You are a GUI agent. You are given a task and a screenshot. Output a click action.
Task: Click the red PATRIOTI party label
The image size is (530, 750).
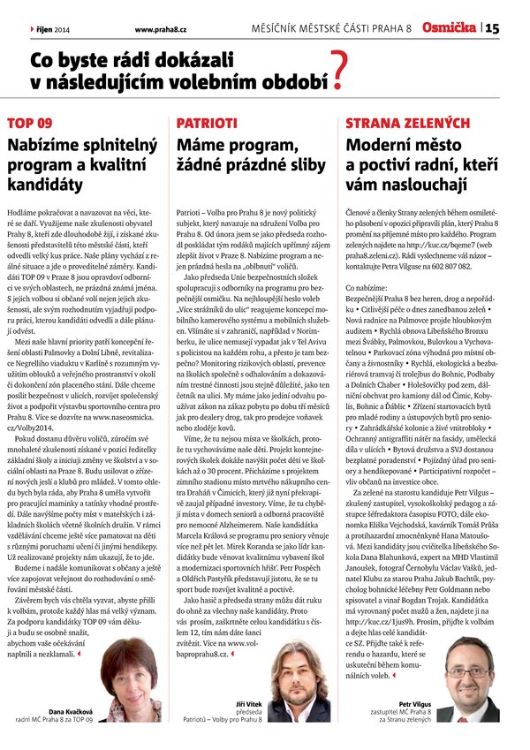click(x=206, y=123)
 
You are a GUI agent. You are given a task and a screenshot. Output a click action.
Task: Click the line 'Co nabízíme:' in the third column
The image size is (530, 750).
click(x=367, y=313)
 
